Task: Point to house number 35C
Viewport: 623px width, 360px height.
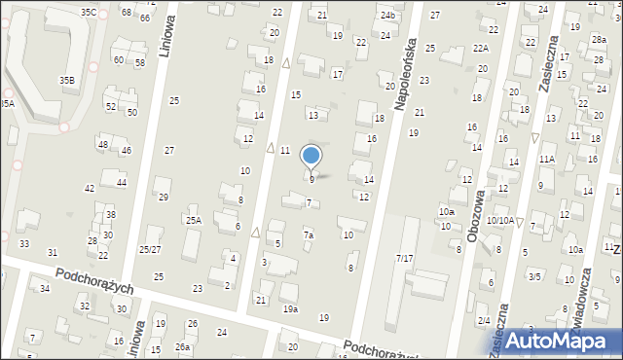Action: pyautogui.click(x=89, y=12)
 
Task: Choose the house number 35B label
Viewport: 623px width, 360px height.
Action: pyautogui.click(x=67, y=80)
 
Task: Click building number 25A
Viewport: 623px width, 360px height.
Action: pyautogui.click(x=194, y=221)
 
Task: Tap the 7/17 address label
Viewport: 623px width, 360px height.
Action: pyautogui.click(x=404, y=258)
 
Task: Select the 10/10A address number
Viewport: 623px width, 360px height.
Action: pyautogui.click(x=500, y=221)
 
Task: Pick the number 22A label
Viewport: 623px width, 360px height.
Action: pyautogui.click(x=480, y=48)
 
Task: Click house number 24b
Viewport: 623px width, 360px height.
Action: pyautogui.click(x=388, y=16)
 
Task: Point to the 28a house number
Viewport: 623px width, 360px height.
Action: pyautogui.click(x=599, y=39)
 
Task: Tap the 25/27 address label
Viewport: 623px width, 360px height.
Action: pyautogui.click(x=149, y=250)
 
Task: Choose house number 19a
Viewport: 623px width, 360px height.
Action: pyautogui.click(x=290, y=308)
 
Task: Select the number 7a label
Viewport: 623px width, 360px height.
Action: pyautogui.click(x=308, y=234)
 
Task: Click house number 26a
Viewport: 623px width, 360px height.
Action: pyautogui.click(x=183, y=347)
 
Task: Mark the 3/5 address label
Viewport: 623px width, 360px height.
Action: pyautogui.click(x=533, y=276)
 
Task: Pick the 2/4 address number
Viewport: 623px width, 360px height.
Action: pyautogui.click(x=484, y=320)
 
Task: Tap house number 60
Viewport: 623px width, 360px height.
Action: pyautogui.click(x=118, y=59)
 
